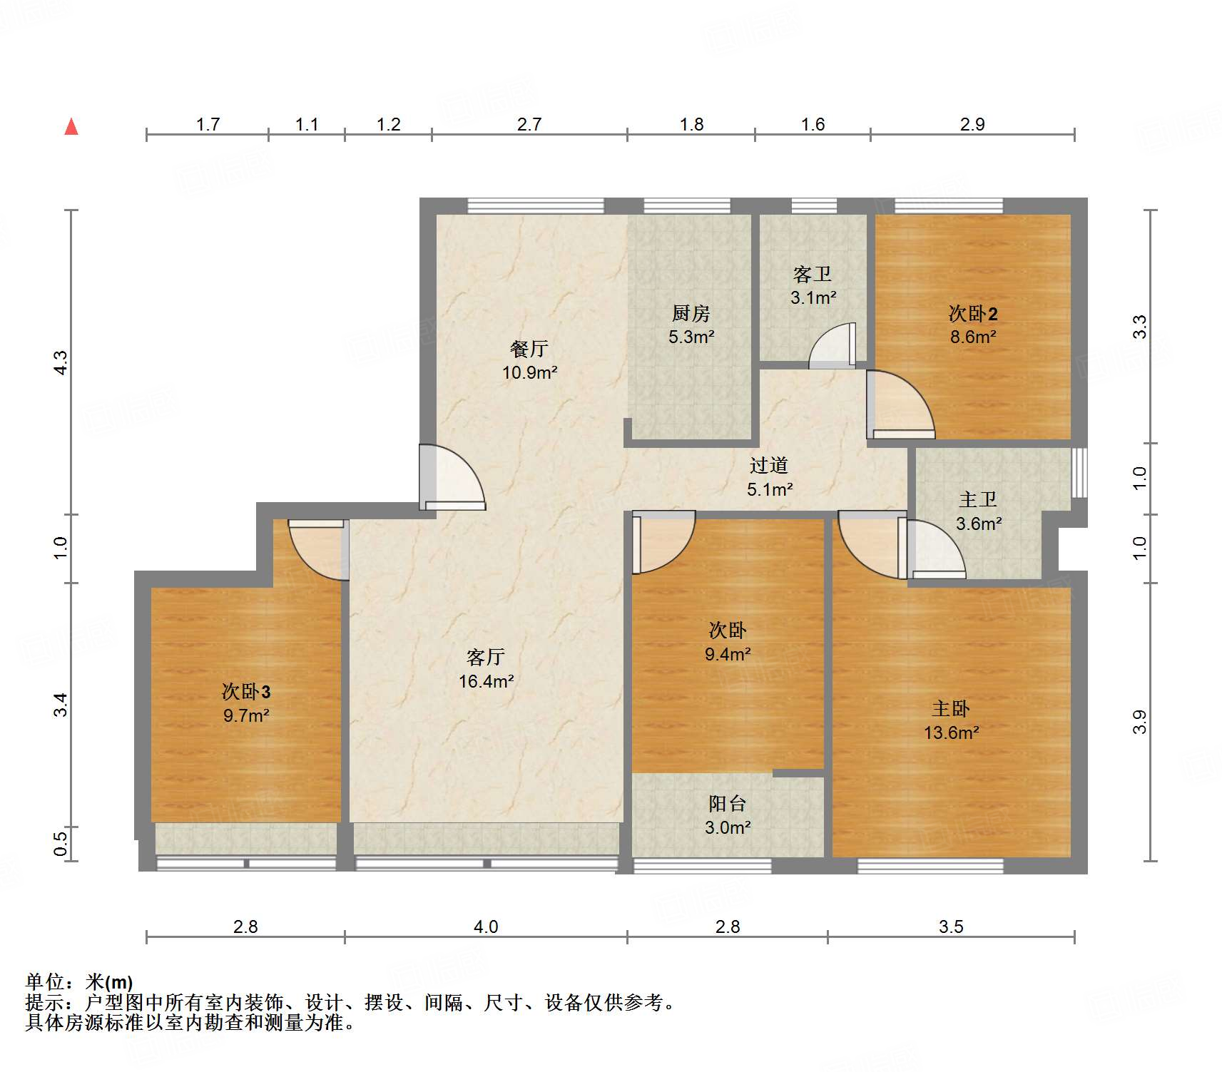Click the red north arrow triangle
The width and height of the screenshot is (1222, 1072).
tap(71, 127)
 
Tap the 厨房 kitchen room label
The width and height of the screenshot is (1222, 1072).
tap(691, 313)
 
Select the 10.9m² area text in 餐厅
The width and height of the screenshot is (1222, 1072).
tap(529, 372)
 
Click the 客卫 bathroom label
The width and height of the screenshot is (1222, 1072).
tap(813, 275)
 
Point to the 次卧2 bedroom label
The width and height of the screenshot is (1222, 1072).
tap(972, 313)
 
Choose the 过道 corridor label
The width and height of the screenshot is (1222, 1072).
tap(769, 466)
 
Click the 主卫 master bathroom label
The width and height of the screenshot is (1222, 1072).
tap(978, 500)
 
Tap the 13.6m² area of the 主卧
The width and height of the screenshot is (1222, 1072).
tap(951, 733)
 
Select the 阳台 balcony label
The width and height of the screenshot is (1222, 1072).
tap(727, 804)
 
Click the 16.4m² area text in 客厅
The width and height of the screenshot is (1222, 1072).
tap(486, 682)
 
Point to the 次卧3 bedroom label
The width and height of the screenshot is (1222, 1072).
tap(246, 691)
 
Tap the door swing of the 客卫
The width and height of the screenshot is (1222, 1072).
tap(833, 347)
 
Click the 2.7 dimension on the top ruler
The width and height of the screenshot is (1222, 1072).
tap(529, 125)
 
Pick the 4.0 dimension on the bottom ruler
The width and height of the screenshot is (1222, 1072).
tap(486, 926)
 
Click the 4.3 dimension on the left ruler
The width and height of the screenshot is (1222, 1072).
tap(61, 362)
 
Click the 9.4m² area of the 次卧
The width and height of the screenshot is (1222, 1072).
tap(727, 654)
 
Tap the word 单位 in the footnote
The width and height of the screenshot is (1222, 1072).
tap(45, 983)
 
